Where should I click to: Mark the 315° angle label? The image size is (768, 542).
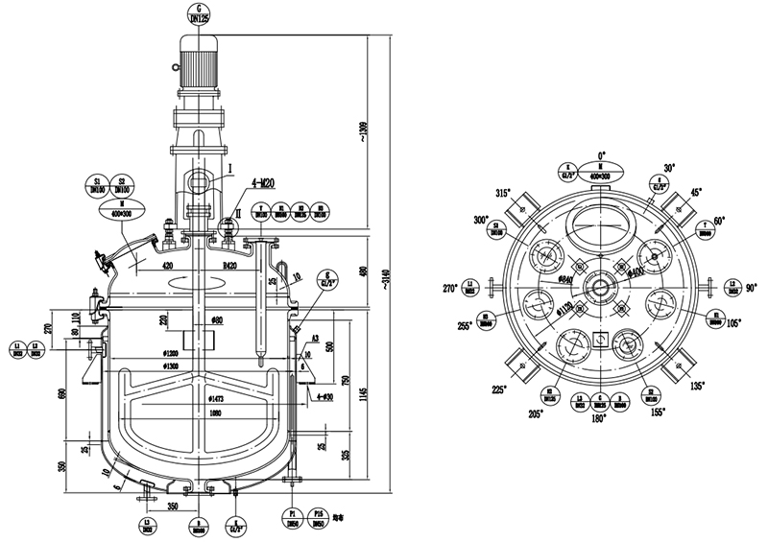pyautogui.click(x=500, y=193)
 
